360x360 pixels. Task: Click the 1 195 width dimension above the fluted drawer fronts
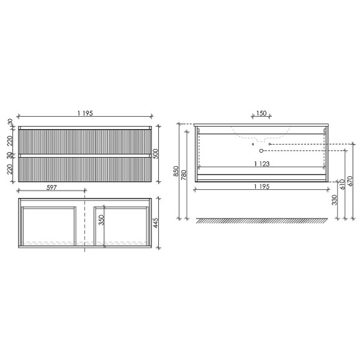point(86,113)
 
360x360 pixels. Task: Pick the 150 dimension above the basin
point(261,113)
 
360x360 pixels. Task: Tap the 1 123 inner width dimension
point(261,164)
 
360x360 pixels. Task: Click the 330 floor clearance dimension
point(335,200)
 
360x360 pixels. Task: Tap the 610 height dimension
point(343,184)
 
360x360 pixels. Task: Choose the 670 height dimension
point(351,181)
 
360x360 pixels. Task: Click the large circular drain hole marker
point(261,150)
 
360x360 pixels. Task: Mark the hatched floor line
point(261,220)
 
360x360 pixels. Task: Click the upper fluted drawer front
point(86,140)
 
